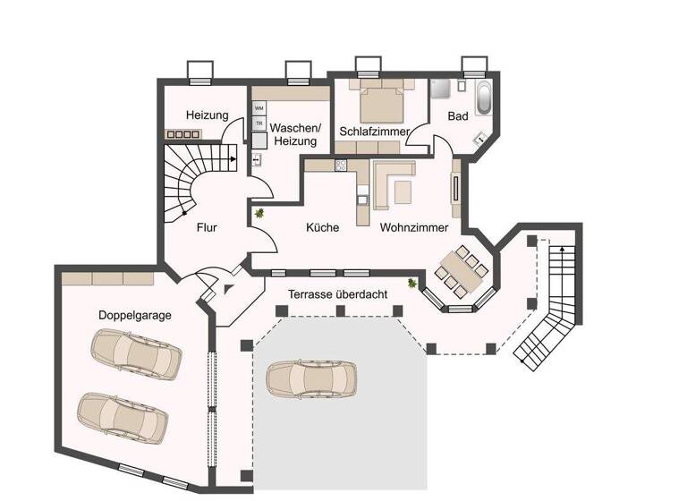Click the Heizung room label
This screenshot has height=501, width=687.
207,115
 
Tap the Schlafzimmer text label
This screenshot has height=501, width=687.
374,132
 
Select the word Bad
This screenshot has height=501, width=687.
458,116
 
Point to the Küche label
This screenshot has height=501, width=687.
322,228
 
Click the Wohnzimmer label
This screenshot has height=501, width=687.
413,228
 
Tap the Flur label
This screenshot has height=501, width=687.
207,227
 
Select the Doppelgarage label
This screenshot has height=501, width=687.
134,315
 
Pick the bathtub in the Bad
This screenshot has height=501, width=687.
484,97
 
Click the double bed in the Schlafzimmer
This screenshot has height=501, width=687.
381,103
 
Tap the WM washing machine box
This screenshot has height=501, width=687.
259,107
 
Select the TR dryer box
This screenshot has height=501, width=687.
259,123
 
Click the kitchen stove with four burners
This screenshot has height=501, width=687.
341,166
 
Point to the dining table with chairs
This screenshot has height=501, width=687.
462,270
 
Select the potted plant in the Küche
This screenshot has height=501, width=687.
259,213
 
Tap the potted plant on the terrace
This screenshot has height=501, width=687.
412,284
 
